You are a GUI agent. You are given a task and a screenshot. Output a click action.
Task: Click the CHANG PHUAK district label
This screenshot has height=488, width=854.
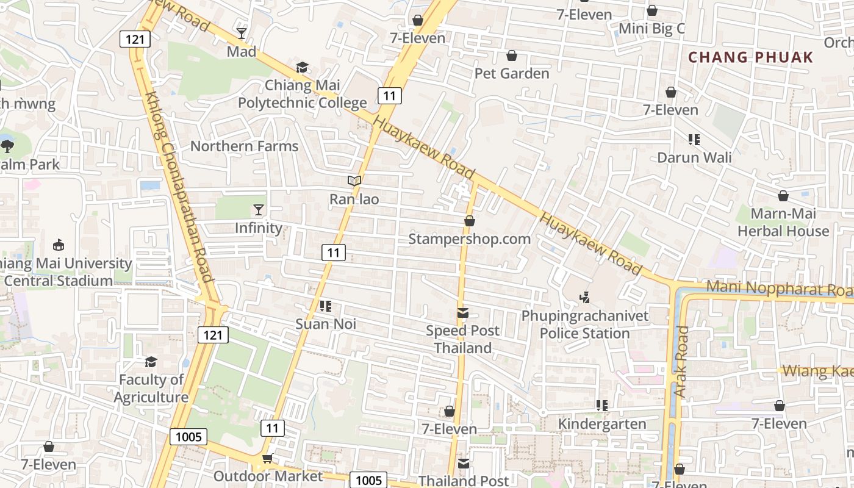(x=750, y=57)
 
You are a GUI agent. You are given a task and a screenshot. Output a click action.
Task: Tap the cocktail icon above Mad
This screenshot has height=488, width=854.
(x=242, y=33)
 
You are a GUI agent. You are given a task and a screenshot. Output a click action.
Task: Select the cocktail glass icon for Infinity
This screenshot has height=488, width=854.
(x=259, y=210)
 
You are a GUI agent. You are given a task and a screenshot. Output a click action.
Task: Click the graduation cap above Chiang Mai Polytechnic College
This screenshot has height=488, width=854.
(x=302, y=67)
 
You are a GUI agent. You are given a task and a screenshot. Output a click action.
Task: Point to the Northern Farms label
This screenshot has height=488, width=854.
(x=244, y=146)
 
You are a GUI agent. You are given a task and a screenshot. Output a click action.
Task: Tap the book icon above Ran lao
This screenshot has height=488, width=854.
(x=354, y=181)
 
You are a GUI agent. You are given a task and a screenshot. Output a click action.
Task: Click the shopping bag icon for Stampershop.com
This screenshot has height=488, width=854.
(x=469, y=221)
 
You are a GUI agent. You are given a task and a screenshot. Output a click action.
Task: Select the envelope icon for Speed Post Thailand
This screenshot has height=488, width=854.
(x=463, y=313)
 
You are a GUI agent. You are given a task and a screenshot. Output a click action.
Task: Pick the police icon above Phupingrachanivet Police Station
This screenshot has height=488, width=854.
(x=584, y=298)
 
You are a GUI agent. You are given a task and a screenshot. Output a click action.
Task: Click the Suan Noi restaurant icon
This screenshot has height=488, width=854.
(x=325, y=306)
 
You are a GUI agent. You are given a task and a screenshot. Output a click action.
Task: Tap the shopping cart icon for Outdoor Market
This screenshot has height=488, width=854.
(x=267, y=458)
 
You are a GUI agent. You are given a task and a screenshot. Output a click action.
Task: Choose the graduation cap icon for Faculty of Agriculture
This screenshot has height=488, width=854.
(x=151, y=362)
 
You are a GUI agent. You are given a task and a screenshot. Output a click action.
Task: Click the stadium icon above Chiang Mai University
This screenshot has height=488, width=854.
(x=59, y=245)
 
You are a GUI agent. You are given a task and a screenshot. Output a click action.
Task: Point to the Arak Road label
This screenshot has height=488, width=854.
(x=682, y=362)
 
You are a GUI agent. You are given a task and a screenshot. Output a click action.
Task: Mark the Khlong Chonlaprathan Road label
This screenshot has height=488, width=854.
(x=179, y=186)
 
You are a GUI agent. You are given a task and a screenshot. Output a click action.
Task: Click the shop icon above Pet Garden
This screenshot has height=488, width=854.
(x=512, y=56)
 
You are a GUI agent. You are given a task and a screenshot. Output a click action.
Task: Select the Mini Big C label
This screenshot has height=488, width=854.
(x=651, y=29)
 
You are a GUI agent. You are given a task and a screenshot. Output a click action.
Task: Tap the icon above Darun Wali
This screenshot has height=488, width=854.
(x=694, y=140)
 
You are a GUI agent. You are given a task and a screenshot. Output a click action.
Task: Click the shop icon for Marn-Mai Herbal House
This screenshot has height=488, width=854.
(x=783, y=196)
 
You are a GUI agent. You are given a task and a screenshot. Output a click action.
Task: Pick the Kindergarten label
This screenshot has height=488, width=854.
(x=602, y=424)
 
